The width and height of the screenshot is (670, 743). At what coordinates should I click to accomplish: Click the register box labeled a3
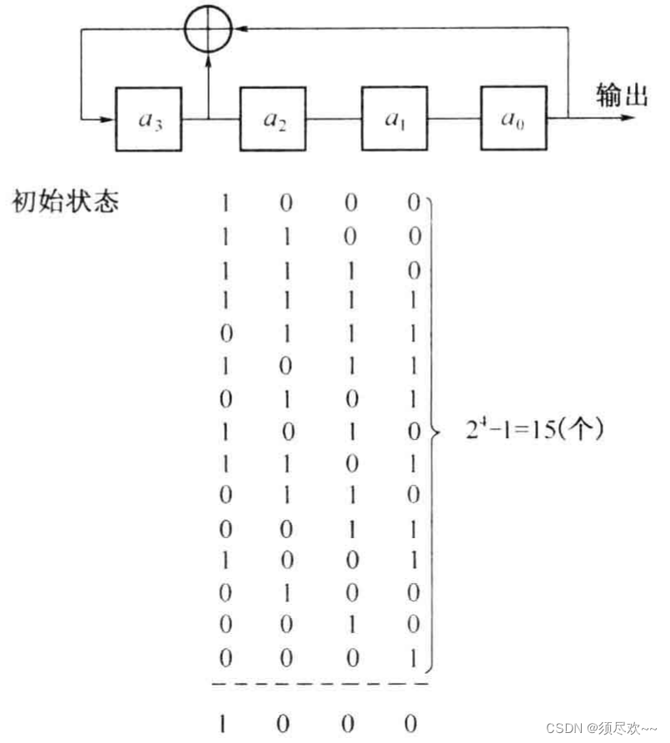150,118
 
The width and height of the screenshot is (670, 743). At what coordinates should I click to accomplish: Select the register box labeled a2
273,118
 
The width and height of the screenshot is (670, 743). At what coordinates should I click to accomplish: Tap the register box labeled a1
394,118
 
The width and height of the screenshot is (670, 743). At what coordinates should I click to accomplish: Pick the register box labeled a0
513,118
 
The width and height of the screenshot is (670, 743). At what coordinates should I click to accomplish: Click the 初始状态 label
65,200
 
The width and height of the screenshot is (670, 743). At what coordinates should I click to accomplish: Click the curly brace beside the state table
433,433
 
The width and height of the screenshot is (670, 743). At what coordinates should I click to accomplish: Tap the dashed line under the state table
321,685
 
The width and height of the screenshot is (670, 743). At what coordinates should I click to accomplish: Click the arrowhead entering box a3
107,118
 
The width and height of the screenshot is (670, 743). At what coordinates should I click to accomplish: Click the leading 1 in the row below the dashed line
225,721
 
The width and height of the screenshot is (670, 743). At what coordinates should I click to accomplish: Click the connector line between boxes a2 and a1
333,118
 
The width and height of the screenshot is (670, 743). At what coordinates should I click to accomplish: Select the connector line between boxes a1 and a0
453,118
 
